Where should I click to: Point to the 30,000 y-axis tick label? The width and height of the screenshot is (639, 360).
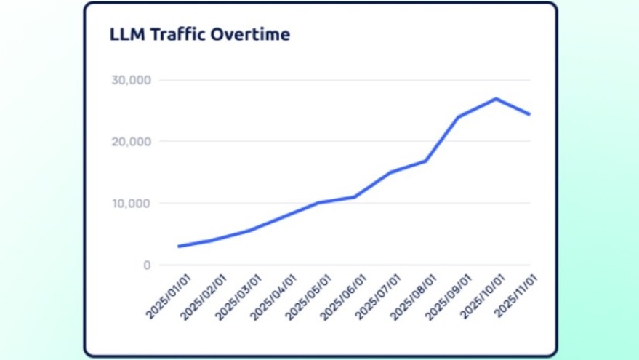(x=131, y=80)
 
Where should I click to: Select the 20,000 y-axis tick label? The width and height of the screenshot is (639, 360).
(x=131, y=142)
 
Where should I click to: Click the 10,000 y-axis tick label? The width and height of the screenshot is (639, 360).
(x=131, y=204)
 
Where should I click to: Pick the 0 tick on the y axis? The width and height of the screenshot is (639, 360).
(x=147, y=265)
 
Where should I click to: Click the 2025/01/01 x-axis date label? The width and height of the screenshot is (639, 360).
(x=166, y=297)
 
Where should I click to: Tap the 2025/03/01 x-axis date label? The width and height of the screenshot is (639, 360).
(x=237, y=297)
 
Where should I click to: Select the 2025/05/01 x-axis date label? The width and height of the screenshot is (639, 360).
(x=307, y=297)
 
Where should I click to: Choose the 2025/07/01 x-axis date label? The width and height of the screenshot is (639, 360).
(x=377, y=297)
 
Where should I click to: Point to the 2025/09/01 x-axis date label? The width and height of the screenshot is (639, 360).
(x=447, y=297)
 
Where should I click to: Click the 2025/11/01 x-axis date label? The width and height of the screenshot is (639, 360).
(x=517, y=297)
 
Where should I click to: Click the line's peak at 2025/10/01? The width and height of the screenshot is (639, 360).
(x=495, y=99)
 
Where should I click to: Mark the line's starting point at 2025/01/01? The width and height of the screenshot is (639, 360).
(x=179, y=247)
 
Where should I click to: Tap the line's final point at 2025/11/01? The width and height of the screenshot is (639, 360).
(x=530, y=115)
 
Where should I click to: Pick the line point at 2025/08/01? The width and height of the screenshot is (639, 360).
(x=425, y=161)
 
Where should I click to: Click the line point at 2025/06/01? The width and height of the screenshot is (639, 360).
(x=355, y=197)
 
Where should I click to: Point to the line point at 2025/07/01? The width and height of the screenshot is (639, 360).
(x=390, y=172)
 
